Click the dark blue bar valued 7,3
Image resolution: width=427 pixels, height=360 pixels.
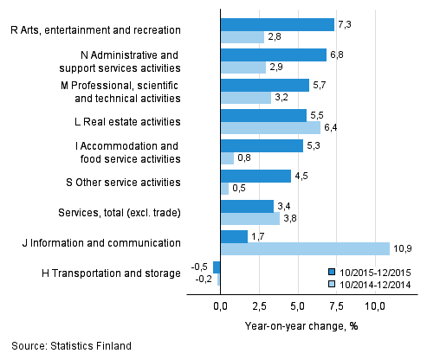[277, 24]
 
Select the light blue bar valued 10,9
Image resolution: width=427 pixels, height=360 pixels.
[305, 248]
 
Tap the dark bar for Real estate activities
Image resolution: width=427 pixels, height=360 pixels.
[263, 115]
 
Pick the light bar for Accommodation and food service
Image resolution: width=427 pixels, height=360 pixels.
[227, 158]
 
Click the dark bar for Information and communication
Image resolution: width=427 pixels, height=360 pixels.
[234, 235]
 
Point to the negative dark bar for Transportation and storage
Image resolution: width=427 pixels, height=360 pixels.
[217, 267]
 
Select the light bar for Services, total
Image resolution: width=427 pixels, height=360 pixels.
[250, 219]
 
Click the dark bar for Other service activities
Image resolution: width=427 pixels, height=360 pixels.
[256, 176]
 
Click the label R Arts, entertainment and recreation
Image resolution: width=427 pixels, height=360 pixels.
[100, 30]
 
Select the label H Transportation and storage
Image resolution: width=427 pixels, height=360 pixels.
[111, 273]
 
